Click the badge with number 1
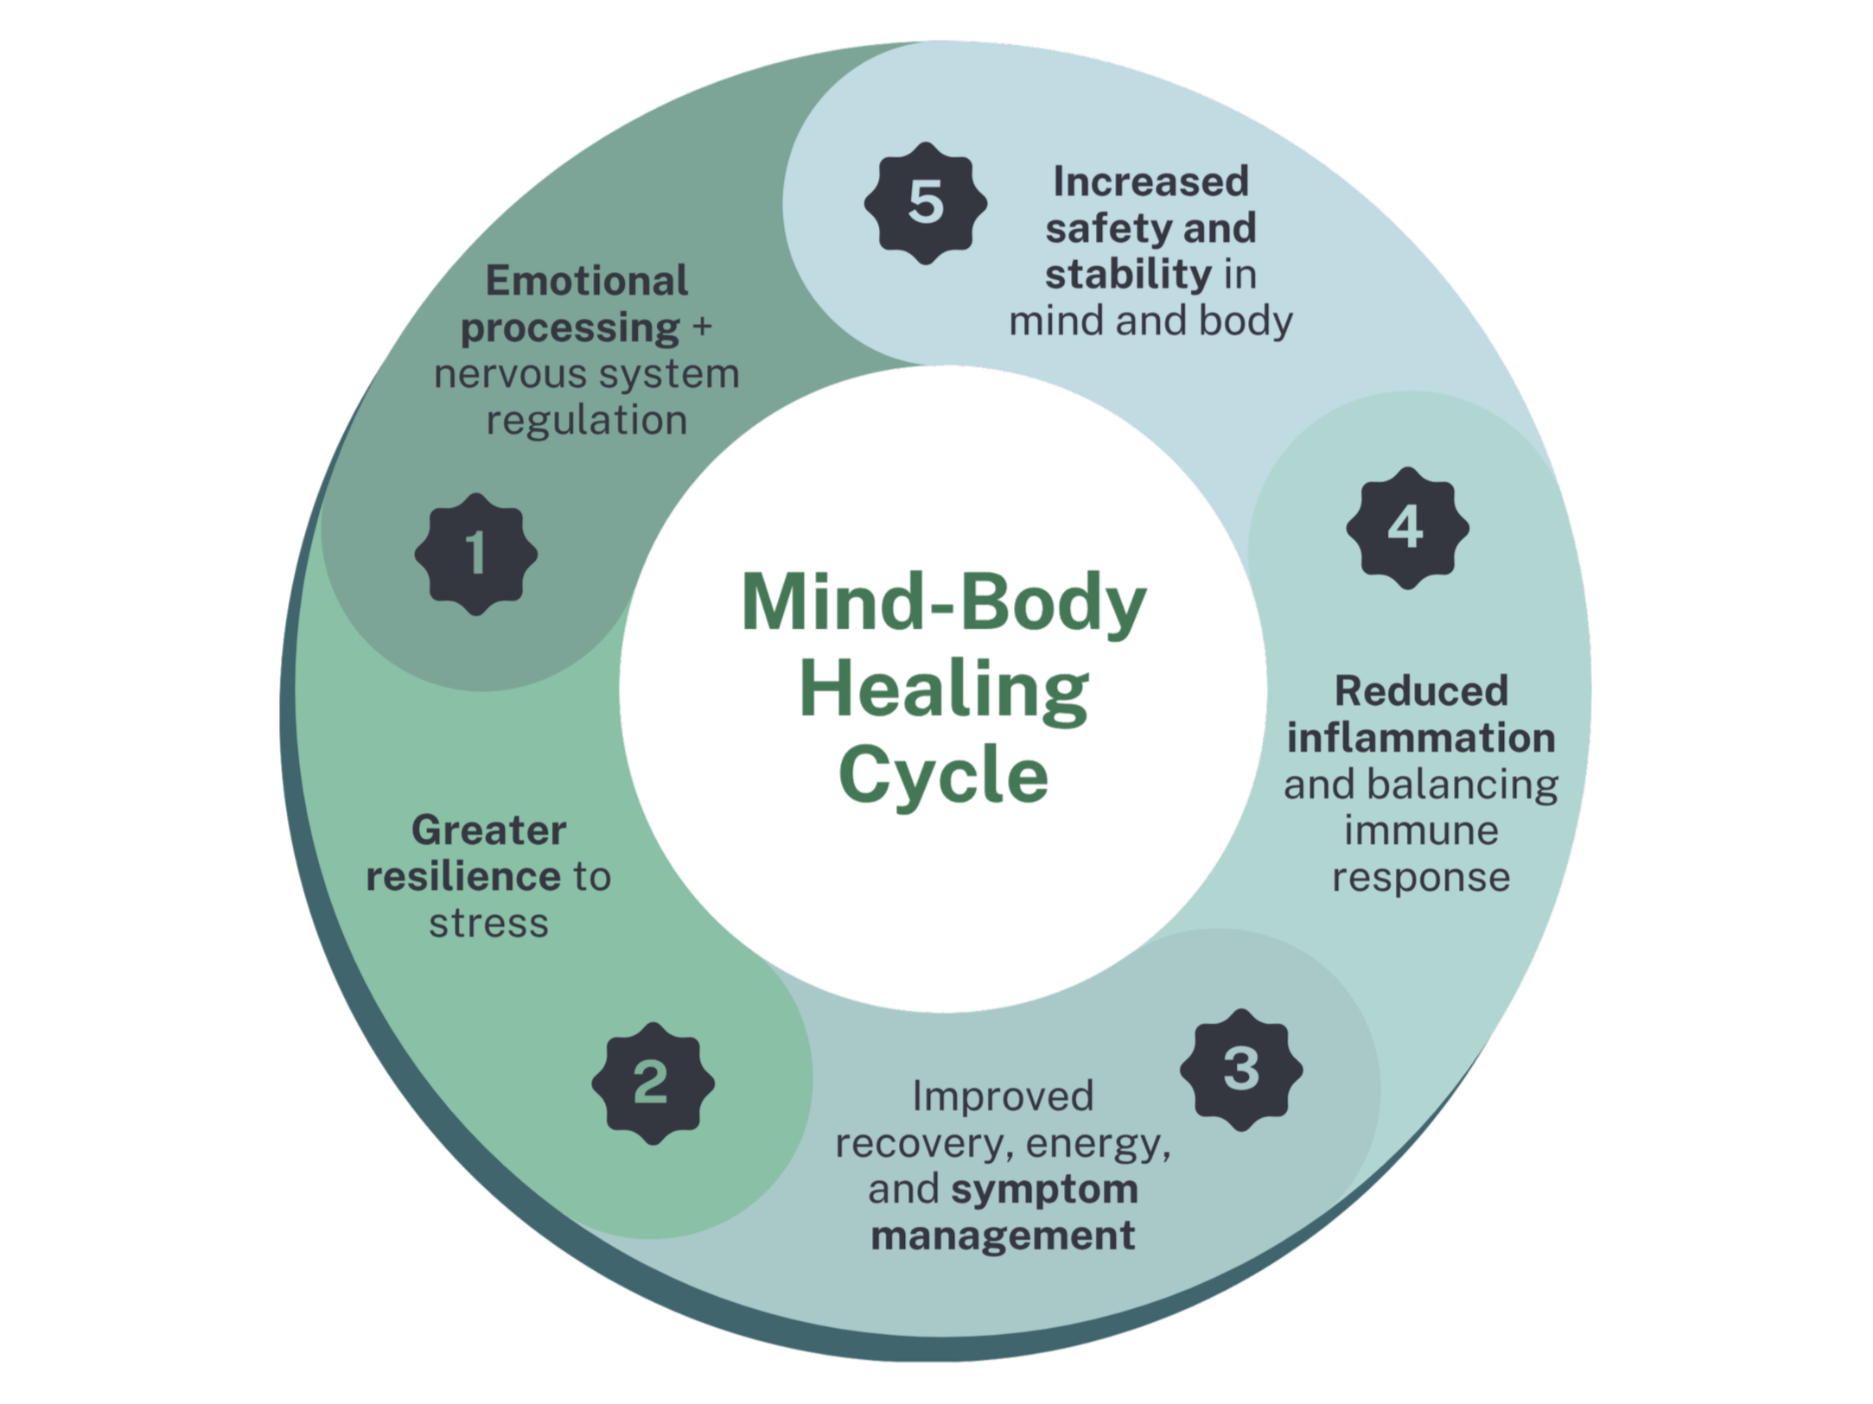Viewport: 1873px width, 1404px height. (x=476, y=554)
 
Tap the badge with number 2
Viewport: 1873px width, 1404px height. (x=653, y=1083)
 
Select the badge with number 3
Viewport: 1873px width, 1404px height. (x=1241, y=1069)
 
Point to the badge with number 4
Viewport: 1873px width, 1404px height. (x=1407, y=528)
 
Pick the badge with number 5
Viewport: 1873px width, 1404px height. (x=926, y=204)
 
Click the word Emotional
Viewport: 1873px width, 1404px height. (x=586, y=282)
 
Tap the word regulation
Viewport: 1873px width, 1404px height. (x=586, y=421)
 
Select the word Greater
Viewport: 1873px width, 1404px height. (x=488, y=831)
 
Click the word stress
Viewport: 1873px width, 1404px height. (x=488, y=924)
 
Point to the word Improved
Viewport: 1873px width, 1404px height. (x=1003, y=1096)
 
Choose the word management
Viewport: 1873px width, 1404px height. (x=1003, y=1236)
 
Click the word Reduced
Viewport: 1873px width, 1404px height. (x=1421, y=691)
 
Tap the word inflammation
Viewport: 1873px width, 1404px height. (x=1421, y=738)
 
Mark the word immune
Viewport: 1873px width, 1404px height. (x=1421, y=830)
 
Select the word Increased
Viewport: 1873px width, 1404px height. (x=1150, y=182)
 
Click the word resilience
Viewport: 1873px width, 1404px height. (x=463, y=877)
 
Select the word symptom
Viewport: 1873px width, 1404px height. (x=1044, y=1190)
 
